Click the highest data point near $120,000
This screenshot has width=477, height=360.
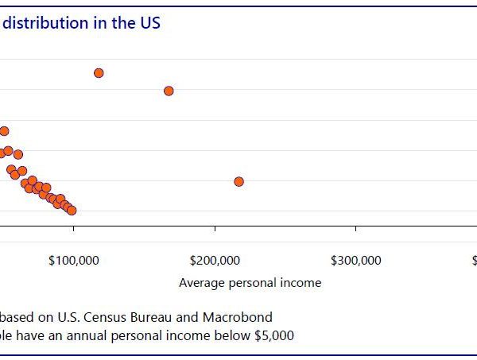tap(99, 73)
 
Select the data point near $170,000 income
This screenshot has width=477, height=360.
tap(169, 91)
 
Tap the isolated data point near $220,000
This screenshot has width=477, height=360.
tap(238, 182)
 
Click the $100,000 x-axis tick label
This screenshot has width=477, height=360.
tap(74, 261)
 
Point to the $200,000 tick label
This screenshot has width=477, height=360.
tap(215, 261)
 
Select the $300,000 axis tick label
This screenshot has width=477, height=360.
tap(355, 261)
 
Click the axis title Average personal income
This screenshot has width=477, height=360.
tap(250, 283)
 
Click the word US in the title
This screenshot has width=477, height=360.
tap(150, 23)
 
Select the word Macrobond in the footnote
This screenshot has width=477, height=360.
tap(245, 315)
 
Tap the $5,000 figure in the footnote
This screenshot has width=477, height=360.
tap(273, 336)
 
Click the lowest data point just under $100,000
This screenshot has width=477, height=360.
tap(72, 211)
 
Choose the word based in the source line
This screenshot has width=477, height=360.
tap(17, 315)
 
